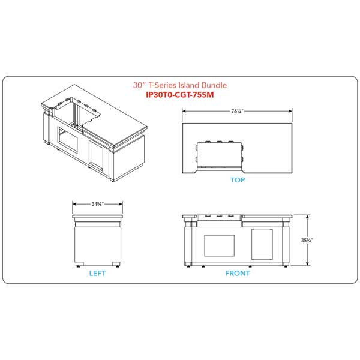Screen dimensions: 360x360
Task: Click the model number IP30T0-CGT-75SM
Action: (180, 95)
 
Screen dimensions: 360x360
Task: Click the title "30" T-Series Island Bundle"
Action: (180, 85)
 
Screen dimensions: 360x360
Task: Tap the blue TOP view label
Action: (238, 180)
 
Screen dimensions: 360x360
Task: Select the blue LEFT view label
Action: (97, 273)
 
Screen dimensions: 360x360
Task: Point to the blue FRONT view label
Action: (238, 273)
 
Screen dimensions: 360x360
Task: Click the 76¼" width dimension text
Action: (237, 111)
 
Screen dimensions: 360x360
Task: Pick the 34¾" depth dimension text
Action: (98, 204)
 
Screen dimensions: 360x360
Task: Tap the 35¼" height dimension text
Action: (307, 240)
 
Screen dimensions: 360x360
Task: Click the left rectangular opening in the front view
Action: (219, 245)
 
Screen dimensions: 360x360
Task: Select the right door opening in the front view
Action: (262, 245)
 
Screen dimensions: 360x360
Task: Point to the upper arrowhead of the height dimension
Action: (308, 217)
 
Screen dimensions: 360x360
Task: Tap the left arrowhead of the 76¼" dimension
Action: (184, 111)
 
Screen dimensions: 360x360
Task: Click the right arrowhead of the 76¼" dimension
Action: (290, 111)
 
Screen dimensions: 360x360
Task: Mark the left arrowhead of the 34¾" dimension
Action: (74, 204)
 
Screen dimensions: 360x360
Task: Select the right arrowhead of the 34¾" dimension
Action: (121, 204)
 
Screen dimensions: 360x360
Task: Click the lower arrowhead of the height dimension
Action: (308, 264)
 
